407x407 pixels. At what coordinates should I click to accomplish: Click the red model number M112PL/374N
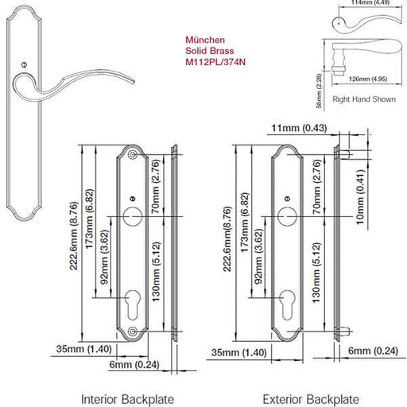pos(215,62)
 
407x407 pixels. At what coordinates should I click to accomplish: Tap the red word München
pos(205,40)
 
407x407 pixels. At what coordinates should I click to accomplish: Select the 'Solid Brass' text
pos(210,51)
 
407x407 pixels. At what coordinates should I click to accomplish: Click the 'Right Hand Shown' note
pos(364,99)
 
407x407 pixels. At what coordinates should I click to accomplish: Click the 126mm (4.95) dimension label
pos(368,79)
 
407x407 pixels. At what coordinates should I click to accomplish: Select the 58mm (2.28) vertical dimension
pos(320,91)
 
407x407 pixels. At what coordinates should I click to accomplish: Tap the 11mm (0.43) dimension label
pos(299,128)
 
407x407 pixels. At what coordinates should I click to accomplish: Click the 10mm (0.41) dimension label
pos(360,197)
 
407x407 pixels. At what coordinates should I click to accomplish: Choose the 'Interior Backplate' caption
pos(127,399)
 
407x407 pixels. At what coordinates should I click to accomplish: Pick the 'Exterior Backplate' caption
pos(311,399)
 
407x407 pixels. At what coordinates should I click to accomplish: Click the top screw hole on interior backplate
pos(133,154)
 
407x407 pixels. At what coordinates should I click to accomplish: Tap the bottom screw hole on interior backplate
pos(133,331)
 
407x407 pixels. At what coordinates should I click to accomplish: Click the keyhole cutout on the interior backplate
pos(133,304)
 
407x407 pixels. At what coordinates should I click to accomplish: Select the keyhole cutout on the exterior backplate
pos(288,304)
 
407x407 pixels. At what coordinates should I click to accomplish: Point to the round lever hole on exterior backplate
pos(288,216)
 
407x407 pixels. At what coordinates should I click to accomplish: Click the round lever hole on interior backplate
pos(133,216)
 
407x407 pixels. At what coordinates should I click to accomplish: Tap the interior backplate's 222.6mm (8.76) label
pos(74,236)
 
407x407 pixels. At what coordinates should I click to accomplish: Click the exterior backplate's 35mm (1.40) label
pos(239,353)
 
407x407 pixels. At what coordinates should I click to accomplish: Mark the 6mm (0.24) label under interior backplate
pos(134,365)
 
